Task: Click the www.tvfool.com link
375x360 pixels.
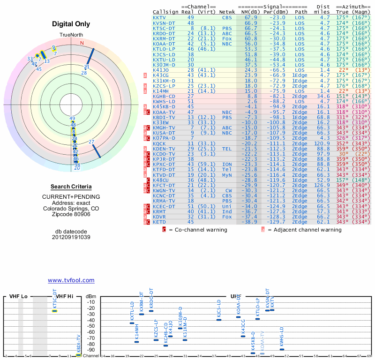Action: (71, 280)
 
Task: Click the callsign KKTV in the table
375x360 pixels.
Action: (160, 17)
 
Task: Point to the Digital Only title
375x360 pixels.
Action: (71, 24)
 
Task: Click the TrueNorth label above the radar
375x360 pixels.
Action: (71, 36)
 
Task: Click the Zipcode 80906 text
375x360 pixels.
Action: (71, 214)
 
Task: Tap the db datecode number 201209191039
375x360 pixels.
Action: (71, 237)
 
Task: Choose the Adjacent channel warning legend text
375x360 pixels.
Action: (305, 230)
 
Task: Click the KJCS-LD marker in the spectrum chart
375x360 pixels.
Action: (219, 319)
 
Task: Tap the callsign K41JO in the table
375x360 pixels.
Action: (161, 69)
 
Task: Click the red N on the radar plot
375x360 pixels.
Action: (82, 43)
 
